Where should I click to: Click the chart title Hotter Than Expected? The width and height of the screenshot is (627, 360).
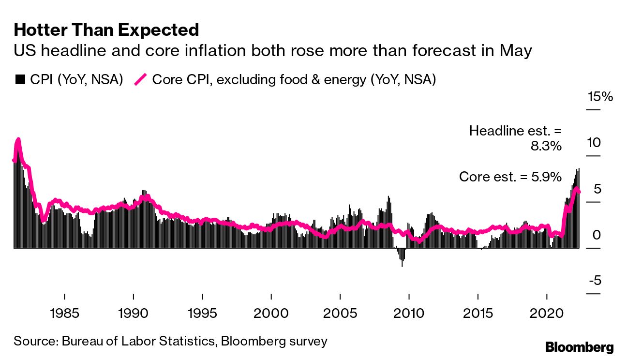106,30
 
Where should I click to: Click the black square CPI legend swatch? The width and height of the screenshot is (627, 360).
20,80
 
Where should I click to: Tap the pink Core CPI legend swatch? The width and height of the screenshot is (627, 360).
140,80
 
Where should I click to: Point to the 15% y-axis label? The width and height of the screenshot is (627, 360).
600,97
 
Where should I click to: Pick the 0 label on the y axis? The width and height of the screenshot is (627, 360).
597,235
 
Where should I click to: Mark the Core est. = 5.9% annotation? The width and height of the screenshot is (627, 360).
510,177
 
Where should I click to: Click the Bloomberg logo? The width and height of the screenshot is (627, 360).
580,347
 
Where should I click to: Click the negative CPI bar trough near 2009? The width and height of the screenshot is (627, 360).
402,264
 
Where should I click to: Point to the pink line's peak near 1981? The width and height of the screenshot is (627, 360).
18,140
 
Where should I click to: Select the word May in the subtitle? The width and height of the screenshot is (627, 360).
517,51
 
